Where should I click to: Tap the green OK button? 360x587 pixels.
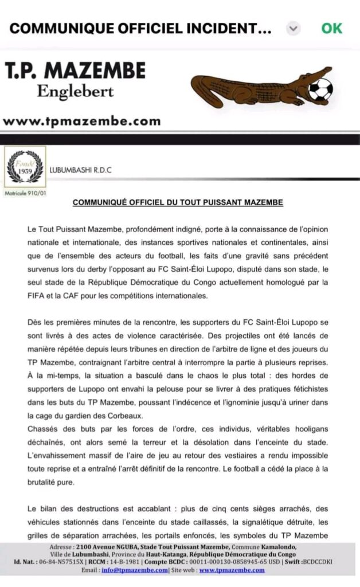pos(332,28)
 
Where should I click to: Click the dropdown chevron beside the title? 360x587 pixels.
pos(294,29)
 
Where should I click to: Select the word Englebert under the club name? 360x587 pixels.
pos(75,91)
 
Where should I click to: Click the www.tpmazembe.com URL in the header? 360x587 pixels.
pos(81,121)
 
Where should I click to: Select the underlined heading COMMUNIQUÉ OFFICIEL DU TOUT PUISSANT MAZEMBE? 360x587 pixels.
pos(178,203)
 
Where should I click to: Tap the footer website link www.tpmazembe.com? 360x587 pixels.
pos(232,570)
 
